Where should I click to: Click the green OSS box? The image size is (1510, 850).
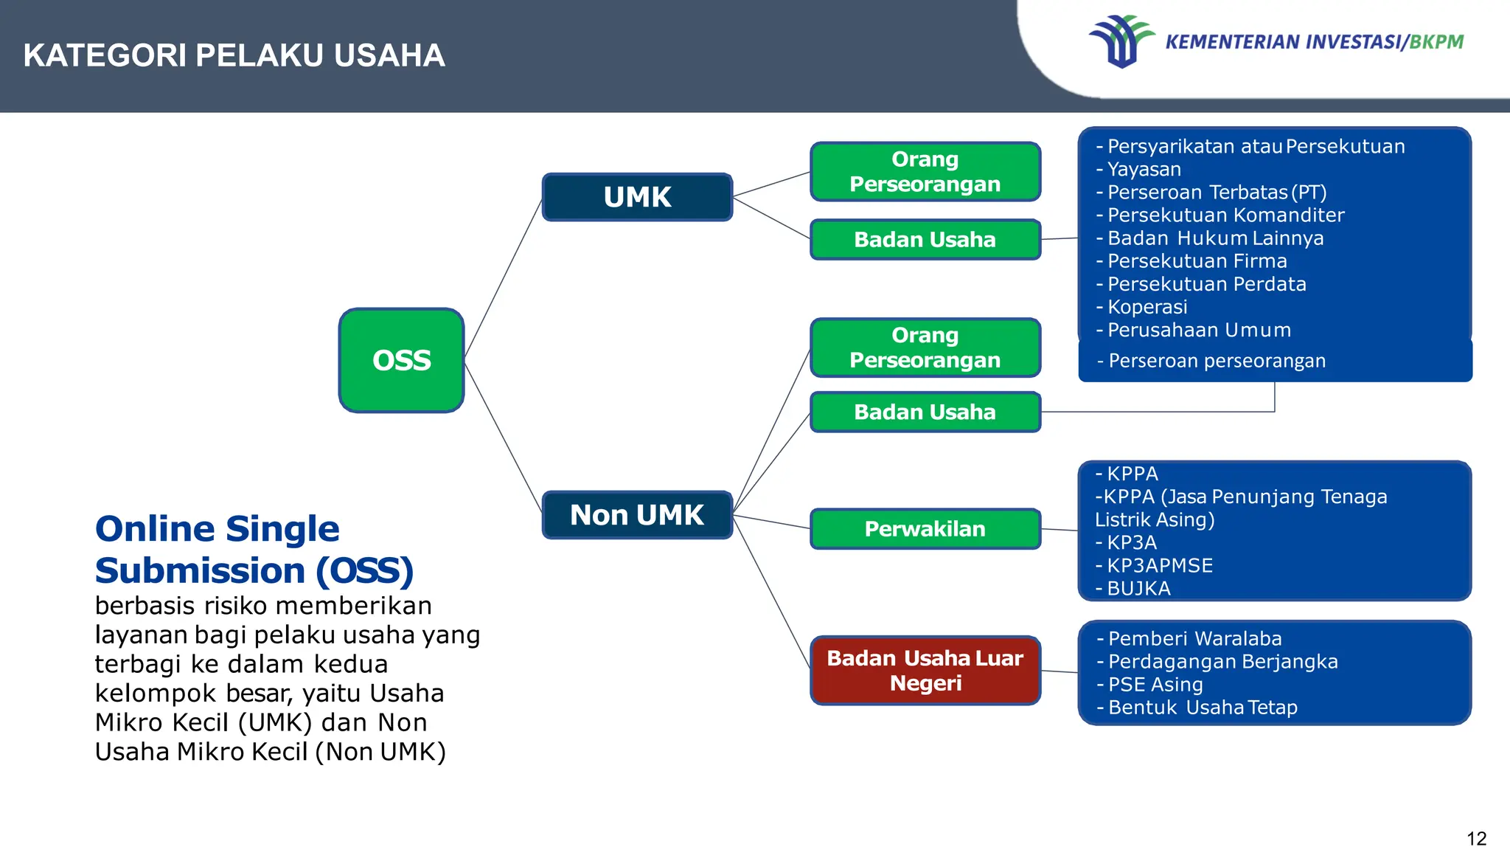(401, 360)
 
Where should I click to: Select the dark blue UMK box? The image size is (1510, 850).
(637, 197)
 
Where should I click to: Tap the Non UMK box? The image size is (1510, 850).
(637, 514)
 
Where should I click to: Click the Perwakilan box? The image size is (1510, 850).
(925, 528)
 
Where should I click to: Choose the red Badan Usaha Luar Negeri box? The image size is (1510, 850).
(925, 670)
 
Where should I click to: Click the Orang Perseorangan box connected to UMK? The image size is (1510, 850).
(925, 171)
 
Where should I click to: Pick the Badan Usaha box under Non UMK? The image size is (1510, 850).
(925, 412)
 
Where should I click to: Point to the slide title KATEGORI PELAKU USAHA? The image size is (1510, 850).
(234, 55)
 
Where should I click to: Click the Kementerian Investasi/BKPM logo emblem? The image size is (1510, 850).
(1121, 41)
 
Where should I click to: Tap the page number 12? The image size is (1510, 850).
(1476, 838)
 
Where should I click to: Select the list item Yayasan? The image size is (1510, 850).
(1144, 170)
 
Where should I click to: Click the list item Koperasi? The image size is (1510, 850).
(1147, 307)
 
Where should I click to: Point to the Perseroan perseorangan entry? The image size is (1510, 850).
(1217, 361)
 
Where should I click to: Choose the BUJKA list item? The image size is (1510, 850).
(1138, 589)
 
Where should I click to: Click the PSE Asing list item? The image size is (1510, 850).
(1155, 685)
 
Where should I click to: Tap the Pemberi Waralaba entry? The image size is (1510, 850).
(1194, 639)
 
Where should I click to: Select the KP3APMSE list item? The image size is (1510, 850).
(1159, 566)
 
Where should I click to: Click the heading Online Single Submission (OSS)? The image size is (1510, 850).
(254, 550)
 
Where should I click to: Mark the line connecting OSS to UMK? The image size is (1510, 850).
(503, 279)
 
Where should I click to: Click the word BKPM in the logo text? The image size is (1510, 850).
(1436, 42)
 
